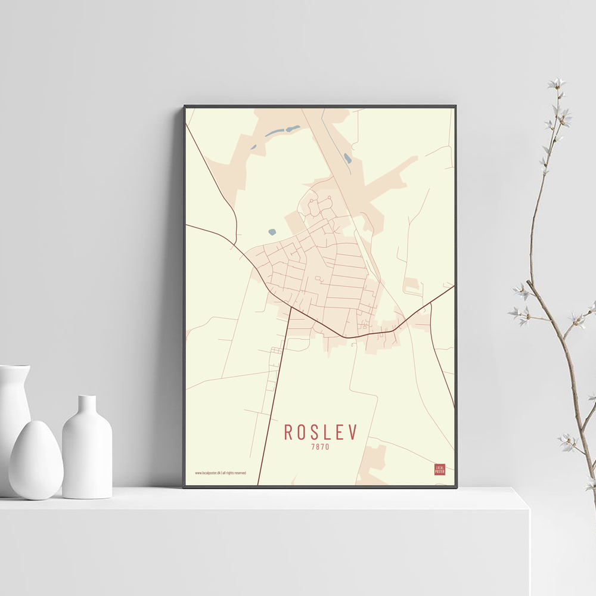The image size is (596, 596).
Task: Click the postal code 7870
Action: (320, 446)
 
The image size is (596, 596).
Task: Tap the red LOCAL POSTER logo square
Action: (440, 469)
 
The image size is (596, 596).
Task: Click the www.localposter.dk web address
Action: (207, 473)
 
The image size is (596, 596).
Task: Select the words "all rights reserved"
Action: (234, 473)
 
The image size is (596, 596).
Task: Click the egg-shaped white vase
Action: (36, 460)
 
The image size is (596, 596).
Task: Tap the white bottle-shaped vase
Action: (87, 450)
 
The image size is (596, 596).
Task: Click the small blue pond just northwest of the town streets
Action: (272, 232)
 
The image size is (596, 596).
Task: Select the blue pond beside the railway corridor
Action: (347, 159)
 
